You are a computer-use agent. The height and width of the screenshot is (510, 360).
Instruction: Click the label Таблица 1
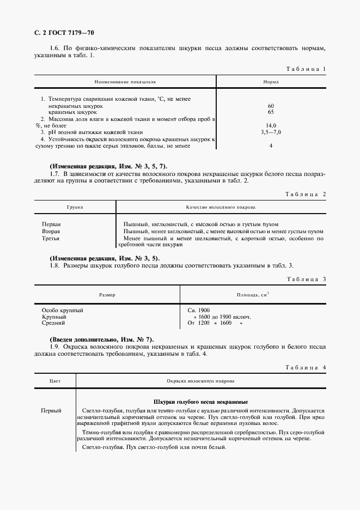pyautogui.click(x=305, y=69)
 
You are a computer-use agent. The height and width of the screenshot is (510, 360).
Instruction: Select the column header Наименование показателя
pyautogui.click(x=125, y=82)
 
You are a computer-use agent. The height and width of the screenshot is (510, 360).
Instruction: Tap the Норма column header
pyautogui.click(x=271, y=82)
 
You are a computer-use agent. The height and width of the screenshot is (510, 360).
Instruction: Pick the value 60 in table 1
pyautogui.click(x=271, y=105)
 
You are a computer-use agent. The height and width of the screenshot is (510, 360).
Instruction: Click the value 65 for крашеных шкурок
pyautogui.click(x=271, y=112)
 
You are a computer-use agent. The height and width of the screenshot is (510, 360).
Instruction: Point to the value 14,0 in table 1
pyautogui.click(x=271, y=125)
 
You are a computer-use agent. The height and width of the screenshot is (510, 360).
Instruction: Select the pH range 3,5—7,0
pyautogui.click(x=271, y=132)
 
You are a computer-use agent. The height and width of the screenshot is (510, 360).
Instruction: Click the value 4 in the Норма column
pyautogui.click(x=271, y=146)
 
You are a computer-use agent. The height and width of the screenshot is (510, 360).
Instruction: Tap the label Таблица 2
pyautogui.click(x=305, y=195)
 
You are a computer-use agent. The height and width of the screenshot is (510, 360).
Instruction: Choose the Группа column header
pyautogui.click(x=75, y=208)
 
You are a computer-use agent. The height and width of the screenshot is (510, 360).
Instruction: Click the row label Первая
pyautogui.click(x=51, y=224)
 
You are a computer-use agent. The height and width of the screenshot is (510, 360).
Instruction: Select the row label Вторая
pyautogui.click(x=51, y=232)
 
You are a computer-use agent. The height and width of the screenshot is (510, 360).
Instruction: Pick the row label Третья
pyautogui.click(x=51, y=239)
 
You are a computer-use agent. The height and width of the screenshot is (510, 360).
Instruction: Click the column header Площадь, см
pyautogui.click(x=253, y=295)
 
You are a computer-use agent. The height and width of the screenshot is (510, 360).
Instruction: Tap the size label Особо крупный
pyautogui.click(x=63, y=310)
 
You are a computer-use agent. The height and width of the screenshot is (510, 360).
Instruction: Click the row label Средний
pyautogui.click(x=53, y=323)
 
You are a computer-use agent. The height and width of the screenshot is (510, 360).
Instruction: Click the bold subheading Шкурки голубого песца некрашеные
pyautogui.click(x=201, y=400)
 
